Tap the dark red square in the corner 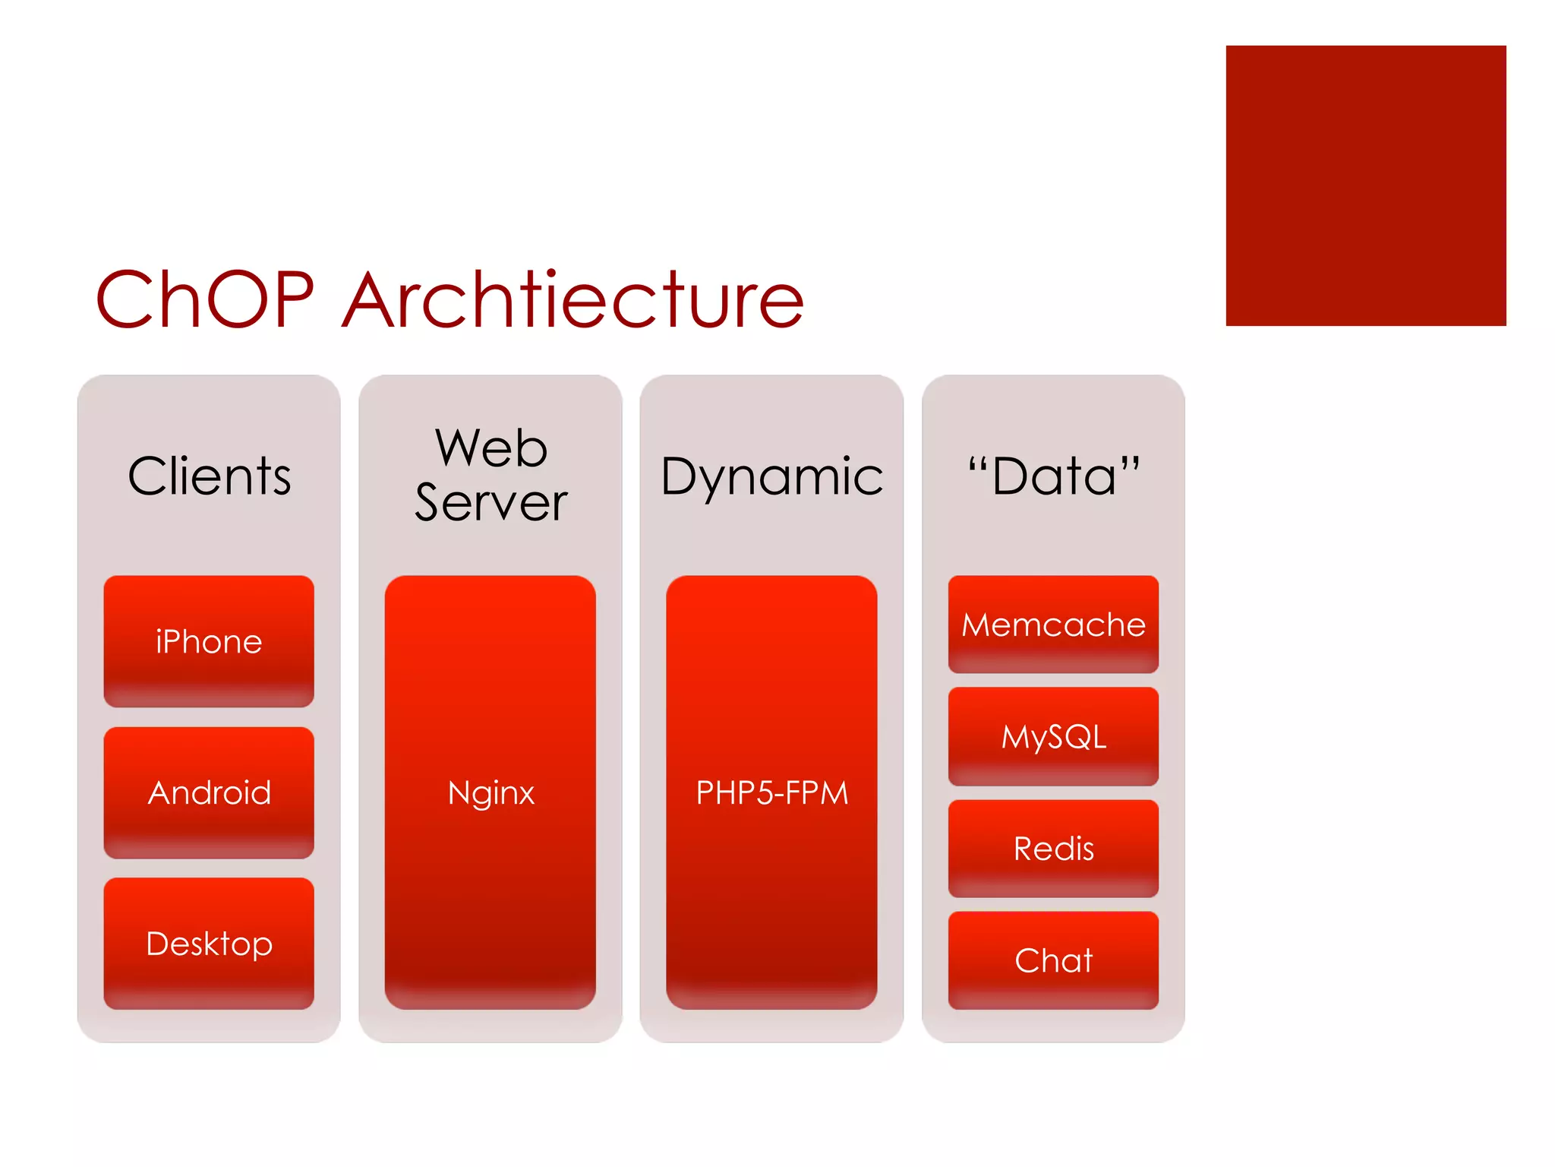click(x=1365, y=185)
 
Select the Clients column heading click(x=209, y=477)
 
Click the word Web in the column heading click(x=490, y=448)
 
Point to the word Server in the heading click(x=490, y=503)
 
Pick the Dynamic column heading click(x=771, y=477)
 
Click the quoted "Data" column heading click(x=1053, y=477)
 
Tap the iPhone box click(x=209, y=641)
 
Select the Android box click(x=209, y=792)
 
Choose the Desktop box click(x=209, y=944)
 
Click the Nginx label click(x=490, y=793)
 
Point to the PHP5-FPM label click(x=771, y=793)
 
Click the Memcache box click(x=1053, y=625)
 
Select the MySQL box click(x=1053, y=736)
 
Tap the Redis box click(x=1053, y=848)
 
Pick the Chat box click(x=1053, y=960)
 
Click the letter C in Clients click(x=147, y=477)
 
